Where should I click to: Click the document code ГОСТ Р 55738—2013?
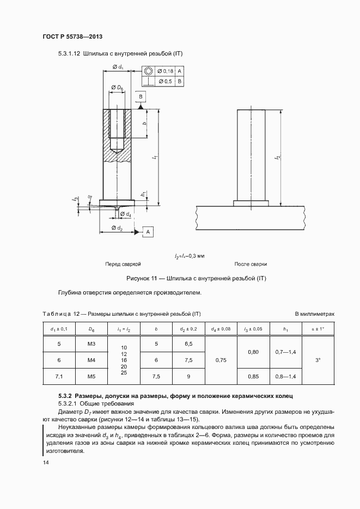72,36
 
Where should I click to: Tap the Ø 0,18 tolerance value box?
165,71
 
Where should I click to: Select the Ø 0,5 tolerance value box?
165,82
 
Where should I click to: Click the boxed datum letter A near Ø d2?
148,232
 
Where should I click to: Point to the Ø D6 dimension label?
117,87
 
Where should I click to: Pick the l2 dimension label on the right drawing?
276,157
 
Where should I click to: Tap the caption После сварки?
251,264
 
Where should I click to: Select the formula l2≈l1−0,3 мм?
189,255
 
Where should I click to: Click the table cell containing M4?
91,360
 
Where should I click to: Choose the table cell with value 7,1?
59,376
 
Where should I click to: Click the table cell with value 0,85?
253,376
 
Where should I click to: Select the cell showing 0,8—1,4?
285,376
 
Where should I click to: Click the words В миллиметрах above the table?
314,314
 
